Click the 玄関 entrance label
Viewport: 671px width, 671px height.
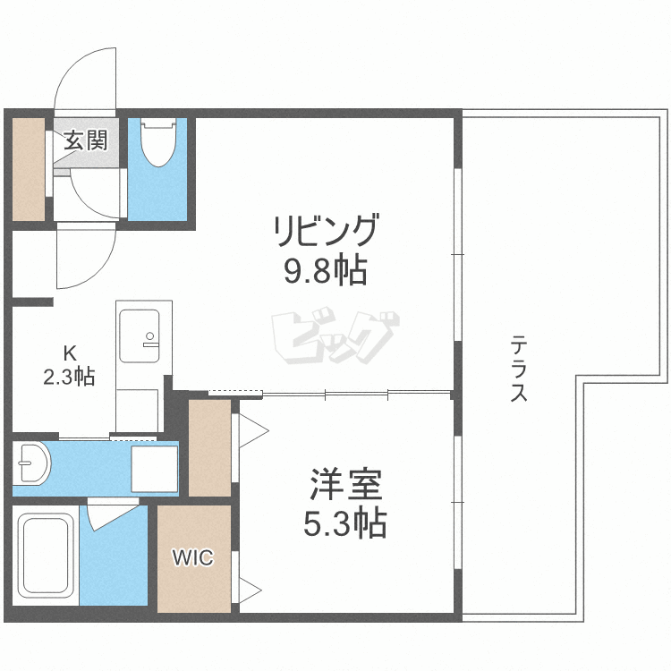(85, 140)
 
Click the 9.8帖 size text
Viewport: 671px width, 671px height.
(326, 269)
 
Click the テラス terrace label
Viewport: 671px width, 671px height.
(518, 368)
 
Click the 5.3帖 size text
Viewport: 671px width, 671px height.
(346, 522)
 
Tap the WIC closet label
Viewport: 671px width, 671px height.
(193, 559)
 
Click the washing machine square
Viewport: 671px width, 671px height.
(154, 468)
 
